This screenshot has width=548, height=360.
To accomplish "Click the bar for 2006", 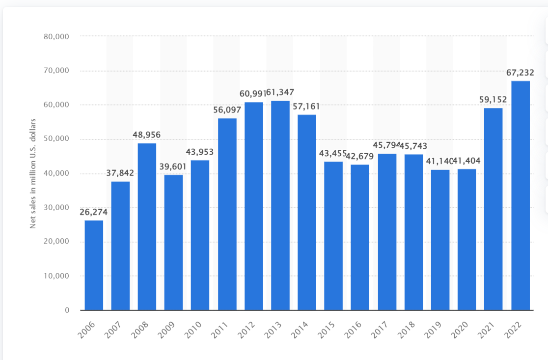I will coord(94,265).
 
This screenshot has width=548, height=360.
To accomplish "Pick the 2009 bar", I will coord(173,243).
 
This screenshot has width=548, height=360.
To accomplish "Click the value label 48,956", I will coord(146,135).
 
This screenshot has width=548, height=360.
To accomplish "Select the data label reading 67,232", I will coord(520,73).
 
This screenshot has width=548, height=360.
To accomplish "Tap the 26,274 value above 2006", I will coord(93,212).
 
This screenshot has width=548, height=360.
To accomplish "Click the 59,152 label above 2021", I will coord(493,100).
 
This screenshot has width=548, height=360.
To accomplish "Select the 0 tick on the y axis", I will coord(67,310).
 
